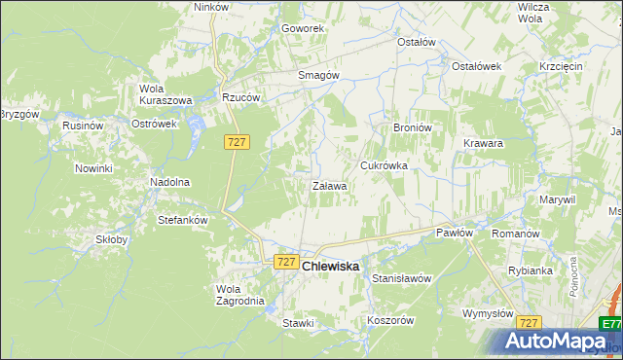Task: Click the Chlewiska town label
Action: pos(331,266)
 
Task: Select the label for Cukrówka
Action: pos(384,165)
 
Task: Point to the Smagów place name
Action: pos(317,75)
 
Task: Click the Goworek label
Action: pos(303,28)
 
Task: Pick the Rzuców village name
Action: pos(239,97)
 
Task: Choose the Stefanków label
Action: pos(183,220)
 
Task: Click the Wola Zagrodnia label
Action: pos(239,295)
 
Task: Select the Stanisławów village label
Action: pos(401,278)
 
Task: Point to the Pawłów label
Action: pos(454,233)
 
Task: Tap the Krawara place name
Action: pos(483,143)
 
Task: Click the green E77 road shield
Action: pos(610,324)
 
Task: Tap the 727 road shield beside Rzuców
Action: pos(238,142)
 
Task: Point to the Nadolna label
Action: pos(168,182)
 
